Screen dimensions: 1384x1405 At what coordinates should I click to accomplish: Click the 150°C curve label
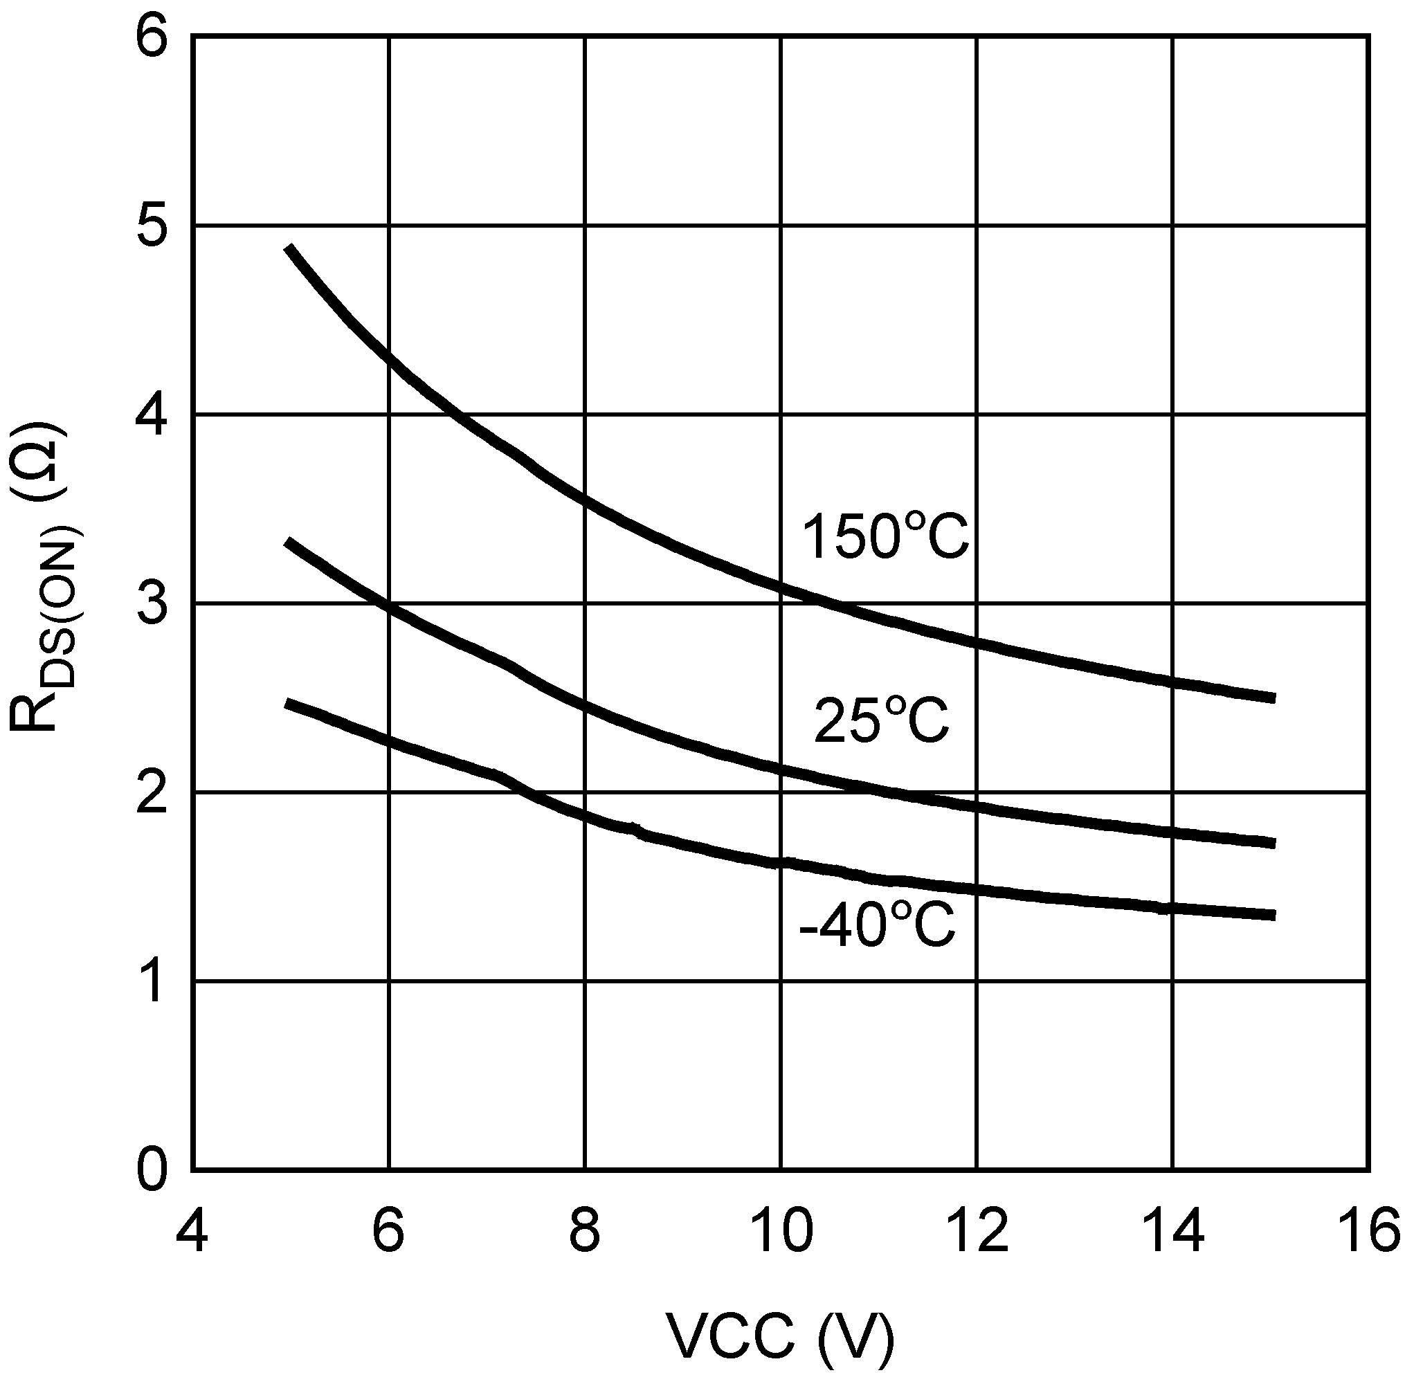click(x=885, y=536)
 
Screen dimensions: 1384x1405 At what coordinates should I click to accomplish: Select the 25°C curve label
click(x=881, y=720)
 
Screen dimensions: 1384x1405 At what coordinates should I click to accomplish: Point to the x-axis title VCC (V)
click(x=780, y=1338)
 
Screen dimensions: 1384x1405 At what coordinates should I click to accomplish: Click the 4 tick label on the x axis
click(x=192, y=1227)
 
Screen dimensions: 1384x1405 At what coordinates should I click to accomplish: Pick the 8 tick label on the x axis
click(x=584, y=1227)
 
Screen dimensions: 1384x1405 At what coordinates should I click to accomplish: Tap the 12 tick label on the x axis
click(x=977, y=1227)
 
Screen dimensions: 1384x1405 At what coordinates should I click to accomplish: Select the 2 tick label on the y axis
click(x=151, y=792)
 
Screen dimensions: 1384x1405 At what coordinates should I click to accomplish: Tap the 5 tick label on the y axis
click(x=151, y=226)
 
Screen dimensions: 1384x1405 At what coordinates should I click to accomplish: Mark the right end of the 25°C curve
click(x=1274, y=843)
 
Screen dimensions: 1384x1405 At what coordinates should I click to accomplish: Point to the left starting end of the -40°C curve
click(x=288, y=703)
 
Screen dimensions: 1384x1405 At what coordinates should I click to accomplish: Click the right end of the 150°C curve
click(x=1274, y=698)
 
